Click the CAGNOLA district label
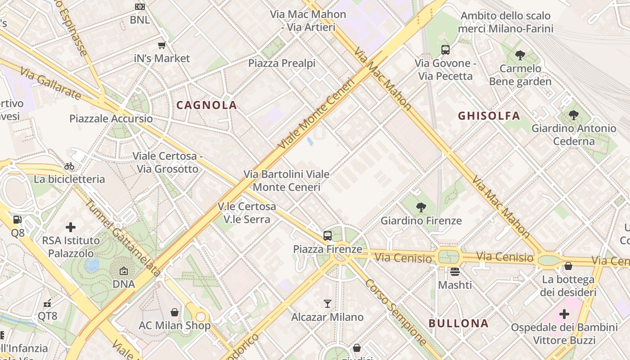[x=207, y=105]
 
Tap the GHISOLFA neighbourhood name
[x=489, y=116]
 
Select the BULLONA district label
[x=459, y=324]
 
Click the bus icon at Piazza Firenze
[x=328, y=235]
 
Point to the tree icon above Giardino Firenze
[x=421, y=207]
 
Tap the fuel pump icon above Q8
[x=18, y=220]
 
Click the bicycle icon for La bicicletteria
[x=69, y=166]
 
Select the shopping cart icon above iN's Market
[x=162, y=45]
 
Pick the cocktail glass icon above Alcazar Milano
[x=328, y=304]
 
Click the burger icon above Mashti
[x=455, y=272]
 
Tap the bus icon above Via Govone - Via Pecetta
[x=445, y=50]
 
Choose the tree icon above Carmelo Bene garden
[x=520, y=55]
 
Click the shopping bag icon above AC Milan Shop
[x=174, y=312]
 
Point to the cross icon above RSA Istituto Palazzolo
[x=71, y=227]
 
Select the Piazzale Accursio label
[x=111, y=119]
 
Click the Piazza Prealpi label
[x=282, y=63]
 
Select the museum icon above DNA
[x=123, y=271]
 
